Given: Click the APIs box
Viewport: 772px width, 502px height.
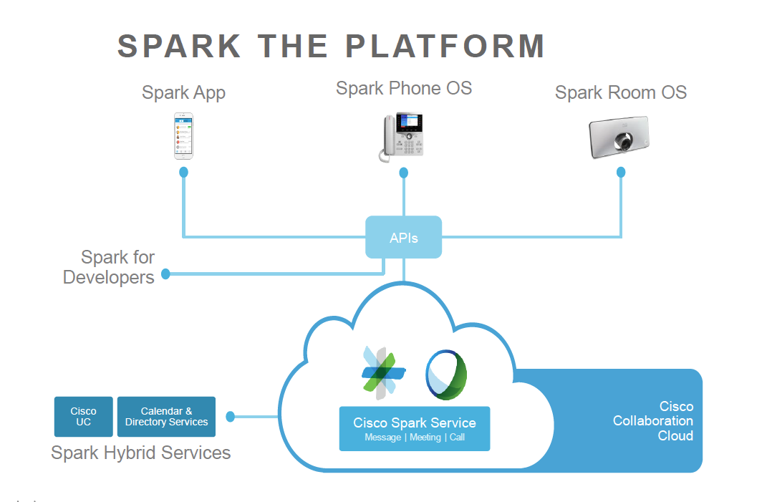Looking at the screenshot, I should pos(404,237).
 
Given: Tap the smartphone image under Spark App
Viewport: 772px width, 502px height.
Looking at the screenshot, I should pos(184,136).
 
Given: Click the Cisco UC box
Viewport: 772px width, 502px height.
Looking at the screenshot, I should pos(84,417).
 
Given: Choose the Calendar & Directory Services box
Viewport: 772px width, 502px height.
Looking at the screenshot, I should pos(166,417).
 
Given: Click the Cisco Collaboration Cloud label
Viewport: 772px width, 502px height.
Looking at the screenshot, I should pos(653,421).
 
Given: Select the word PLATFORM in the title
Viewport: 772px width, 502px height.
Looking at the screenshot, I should pos(445,47).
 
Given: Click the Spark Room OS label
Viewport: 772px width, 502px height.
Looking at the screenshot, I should pos(621,92).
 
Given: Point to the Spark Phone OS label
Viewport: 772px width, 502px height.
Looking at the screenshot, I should pos(404,89).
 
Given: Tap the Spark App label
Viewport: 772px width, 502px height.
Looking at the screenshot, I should pos(183,92).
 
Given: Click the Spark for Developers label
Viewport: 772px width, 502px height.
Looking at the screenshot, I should pos(109,267).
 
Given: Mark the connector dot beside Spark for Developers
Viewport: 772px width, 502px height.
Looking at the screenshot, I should pos(166,274).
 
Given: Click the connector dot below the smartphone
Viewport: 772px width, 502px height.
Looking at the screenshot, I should pos(184,172).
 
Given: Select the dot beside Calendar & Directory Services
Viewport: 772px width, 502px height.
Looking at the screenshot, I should pos(231,416).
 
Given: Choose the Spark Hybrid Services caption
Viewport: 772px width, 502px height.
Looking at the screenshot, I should pos(141,453).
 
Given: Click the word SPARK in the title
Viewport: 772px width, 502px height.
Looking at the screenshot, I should pos(180,47).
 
